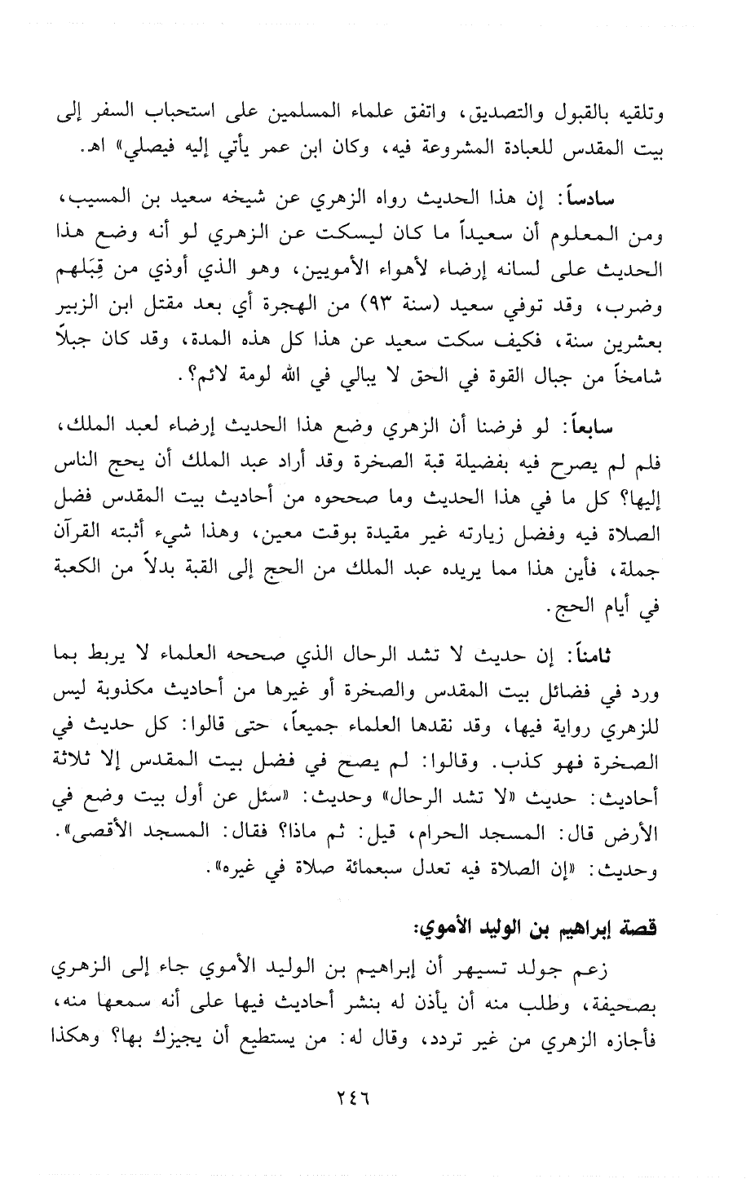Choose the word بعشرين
tap(660, 341)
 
